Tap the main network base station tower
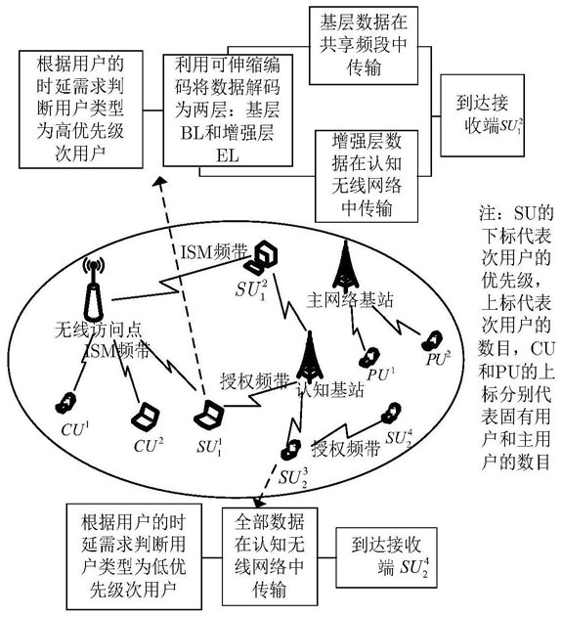pos(345,267)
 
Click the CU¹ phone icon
pos(66,403)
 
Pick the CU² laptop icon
pos(146,418)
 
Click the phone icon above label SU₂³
pos(291,450)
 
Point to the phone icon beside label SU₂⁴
pos(391,414)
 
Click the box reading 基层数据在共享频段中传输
pos(363,45)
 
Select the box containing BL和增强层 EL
pos(228,110)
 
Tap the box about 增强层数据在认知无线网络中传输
pos(367,176)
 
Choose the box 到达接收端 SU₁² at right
pos(482,115)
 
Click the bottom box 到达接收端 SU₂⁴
pos(386,557)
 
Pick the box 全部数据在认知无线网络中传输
pos(270,556)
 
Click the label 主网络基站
pos(349,300)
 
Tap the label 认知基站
pos(330,390)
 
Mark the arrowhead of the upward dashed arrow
pos(159,181)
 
